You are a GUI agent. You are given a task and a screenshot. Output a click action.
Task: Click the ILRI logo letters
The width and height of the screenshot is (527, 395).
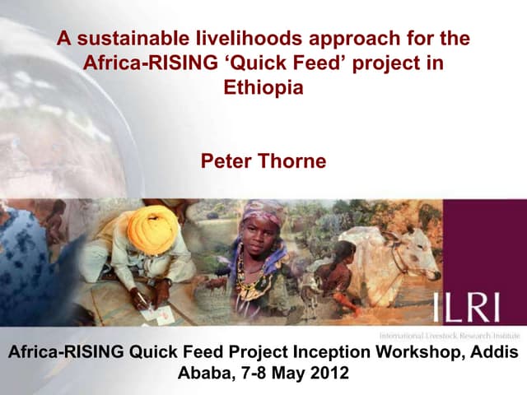point(464,308)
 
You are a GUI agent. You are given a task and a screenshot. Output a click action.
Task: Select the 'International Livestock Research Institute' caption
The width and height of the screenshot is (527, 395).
point(448,337)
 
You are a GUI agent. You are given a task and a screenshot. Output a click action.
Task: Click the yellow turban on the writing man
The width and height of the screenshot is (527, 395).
point(152,225)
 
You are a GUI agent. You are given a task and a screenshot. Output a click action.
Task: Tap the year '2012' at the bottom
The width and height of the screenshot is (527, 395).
point(328,373)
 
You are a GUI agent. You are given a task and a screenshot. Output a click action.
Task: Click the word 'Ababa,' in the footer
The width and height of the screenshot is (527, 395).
point(203,373)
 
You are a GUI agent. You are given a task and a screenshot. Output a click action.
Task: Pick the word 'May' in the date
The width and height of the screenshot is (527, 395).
point(287,373)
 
